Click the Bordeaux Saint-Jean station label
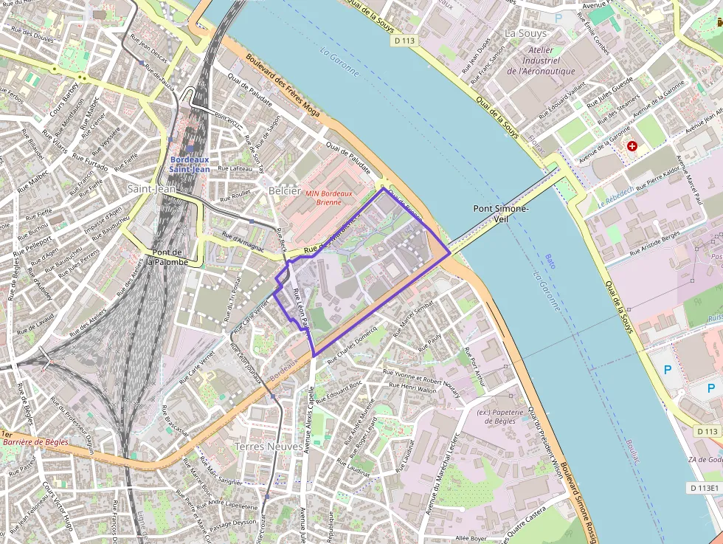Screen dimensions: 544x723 (190, 164)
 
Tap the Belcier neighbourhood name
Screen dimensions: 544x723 (285, 190)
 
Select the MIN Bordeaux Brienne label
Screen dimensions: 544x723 (329, 197)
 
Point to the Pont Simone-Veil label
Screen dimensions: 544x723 (501, 213)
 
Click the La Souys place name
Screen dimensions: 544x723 (526, 33)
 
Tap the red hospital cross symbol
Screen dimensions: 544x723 (632, 146)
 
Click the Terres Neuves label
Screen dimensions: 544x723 (268, 447)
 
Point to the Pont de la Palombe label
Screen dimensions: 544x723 (166, 257)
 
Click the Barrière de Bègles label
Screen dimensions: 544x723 (31, 442)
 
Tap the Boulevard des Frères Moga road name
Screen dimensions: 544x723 (288, 87)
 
